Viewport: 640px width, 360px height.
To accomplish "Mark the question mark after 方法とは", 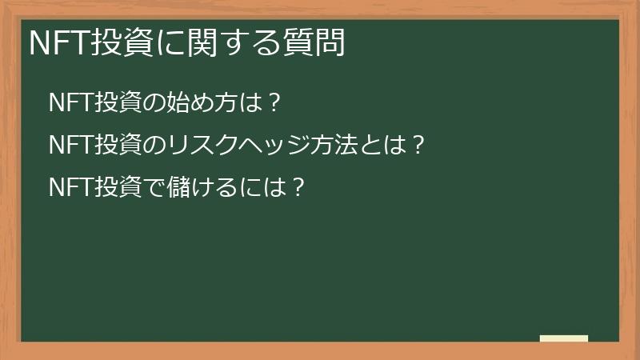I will tap(415, 146).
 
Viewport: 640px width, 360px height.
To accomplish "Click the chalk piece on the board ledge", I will tap(563, 338).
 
